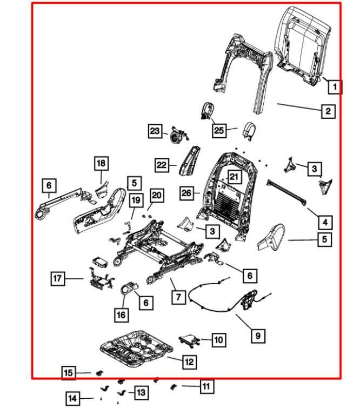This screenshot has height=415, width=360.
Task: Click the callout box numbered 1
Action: point(335,86)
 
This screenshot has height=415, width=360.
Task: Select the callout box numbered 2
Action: point(328,111)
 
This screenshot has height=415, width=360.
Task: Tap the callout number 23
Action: point(156,131)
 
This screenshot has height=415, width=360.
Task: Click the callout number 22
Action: point(162,165)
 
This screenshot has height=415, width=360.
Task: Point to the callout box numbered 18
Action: point(101,163)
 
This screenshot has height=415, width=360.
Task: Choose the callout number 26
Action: point(186,193)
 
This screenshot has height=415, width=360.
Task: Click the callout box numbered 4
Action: point(324,222)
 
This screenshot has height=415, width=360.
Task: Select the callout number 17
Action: point(58,278)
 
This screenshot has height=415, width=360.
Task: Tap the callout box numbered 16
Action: point(122,314)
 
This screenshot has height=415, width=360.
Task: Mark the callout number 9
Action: point(258,336)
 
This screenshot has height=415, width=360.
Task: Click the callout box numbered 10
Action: point(218,339)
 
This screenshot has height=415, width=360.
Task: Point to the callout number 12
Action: point(188,362)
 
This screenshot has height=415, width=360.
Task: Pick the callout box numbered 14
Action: point(72,399)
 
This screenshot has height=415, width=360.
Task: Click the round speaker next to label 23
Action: point(177,134)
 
